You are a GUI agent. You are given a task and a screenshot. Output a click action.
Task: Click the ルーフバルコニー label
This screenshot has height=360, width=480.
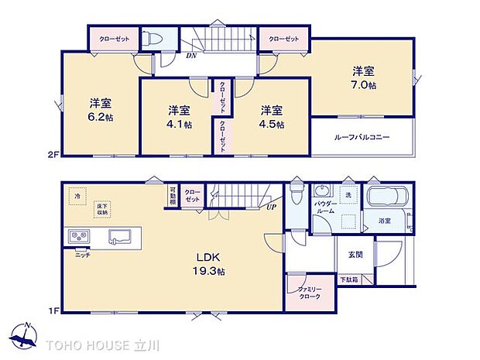[x=362, y=137]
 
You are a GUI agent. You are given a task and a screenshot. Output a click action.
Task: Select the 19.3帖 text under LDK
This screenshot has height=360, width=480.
[x=209, y=272]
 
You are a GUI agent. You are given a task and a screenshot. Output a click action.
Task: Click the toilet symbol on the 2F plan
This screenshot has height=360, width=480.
[x=155, y=38]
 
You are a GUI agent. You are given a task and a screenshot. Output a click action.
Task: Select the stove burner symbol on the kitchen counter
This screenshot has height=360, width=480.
[x=79, y=236]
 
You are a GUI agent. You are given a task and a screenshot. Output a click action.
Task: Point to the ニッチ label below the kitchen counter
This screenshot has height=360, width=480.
[x=82, y=255]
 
